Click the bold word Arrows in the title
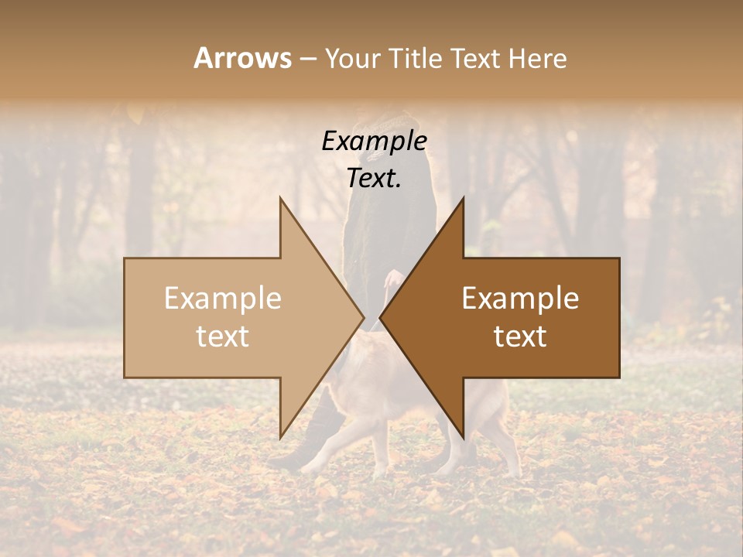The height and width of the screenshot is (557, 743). [x=242, y=58]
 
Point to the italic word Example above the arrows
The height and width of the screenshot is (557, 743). [x=375, y=142]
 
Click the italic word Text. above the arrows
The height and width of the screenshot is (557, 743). [x=375, y=178]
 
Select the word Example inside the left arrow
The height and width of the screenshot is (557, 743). [x=223, y=299]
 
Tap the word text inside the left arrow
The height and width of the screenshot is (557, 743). [x=223, y=337]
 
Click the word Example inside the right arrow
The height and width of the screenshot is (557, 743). [x=520, y=299]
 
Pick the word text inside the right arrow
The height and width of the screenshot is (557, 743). [x=520, y=337]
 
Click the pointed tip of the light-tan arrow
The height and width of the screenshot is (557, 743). [x=363, y=317]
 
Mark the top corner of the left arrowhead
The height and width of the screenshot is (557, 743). [x=281, y=198]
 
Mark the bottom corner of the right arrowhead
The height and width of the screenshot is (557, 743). [x=463, y=437]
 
